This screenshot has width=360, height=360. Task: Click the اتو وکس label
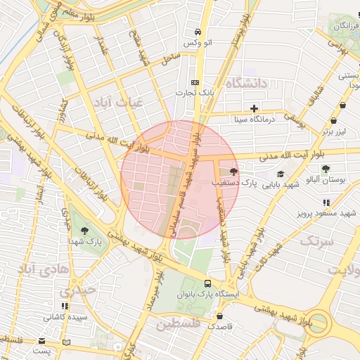click(198, 44)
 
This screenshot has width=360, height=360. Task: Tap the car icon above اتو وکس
click(198, 32)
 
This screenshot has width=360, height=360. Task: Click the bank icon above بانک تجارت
click(195, 82)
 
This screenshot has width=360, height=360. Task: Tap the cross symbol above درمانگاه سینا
click(253, 108)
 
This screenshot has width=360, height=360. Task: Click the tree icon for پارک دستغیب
click(233, 171)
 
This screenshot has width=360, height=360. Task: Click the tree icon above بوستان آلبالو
click(326, 168)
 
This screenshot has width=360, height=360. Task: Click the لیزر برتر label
click(335, 131)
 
